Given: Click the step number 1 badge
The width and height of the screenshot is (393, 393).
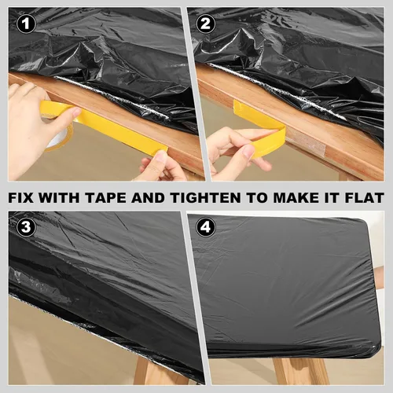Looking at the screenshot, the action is click(26, 24).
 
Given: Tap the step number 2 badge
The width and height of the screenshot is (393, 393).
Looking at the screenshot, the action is click(206, 24).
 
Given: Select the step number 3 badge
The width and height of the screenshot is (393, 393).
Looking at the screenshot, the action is click(26, 227).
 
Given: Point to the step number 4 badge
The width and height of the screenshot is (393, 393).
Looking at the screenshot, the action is click(206, 227).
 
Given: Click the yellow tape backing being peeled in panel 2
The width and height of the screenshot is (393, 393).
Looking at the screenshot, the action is click(259, 126).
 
